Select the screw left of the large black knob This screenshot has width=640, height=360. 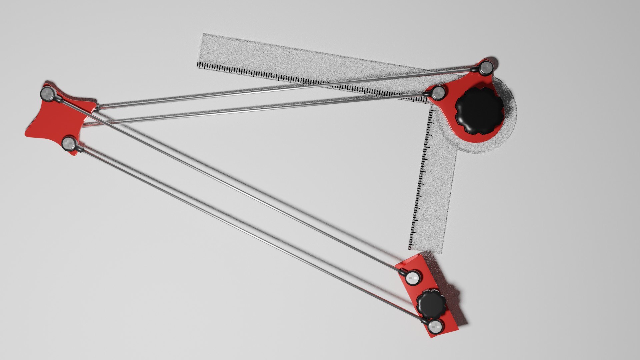click(439, 93)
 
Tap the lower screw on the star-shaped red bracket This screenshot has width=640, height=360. click(70, 144)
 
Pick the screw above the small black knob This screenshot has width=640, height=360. click(413, 277)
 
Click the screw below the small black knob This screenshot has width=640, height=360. click(435, 327)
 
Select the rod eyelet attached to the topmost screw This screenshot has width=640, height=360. click(474, 69)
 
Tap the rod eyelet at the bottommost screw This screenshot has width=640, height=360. click(424, 321)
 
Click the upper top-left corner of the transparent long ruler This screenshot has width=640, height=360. click(203, 34)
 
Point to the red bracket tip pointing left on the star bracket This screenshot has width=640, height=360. click(26, 133)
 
